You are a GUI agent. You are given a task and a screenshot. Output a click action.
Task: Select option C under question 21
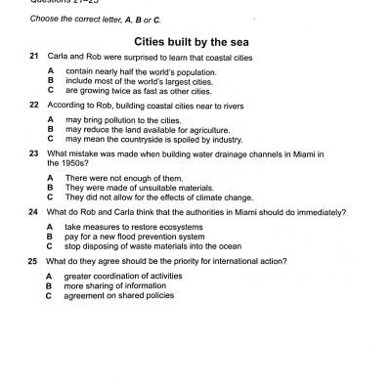(x=50, y=89)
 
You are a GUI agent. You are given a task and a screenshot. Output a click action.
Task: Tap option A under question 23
(x=50, y=178)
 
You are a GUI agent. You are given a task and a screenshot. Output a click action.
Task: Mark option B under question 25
(x=50, y=285)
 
